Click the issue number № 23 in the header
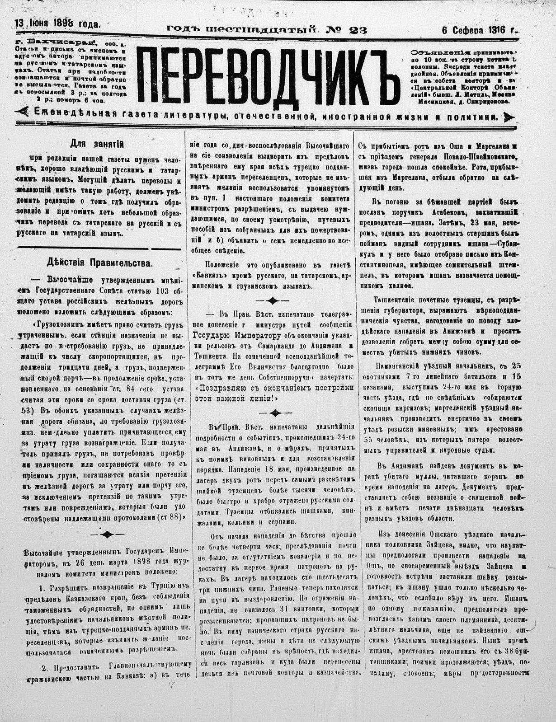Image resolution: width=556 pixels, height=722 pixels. pyautogui.click(x=346, y=30)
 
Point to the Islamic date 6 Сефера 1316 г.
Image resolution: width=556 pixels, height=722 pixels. pyautogui.click(x=480, y=30)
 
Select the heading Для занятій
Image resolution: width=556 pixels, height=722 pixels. pyautogui.click(x=97, y=144)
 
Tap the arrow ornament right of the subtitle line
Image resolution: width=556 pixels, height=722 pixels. pyautogui.click(x=509, y=117)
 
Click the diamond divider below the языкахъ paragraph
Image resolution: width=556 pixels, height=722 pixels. pyautogui.click(x=272, y=300)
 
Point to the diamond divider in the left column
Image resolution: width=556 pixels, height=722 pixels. pyautogui.click(x=108, y=534)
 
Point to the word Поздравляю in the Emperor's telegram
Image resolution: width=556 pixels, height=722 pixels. pyautogui.click(x=219, y=387)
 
